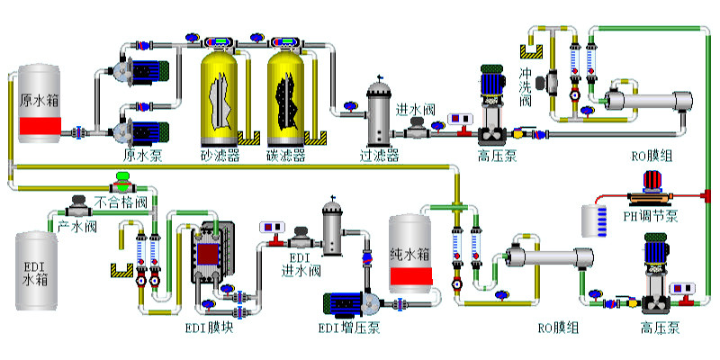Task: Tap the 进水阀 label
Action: tap(417, 109)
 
